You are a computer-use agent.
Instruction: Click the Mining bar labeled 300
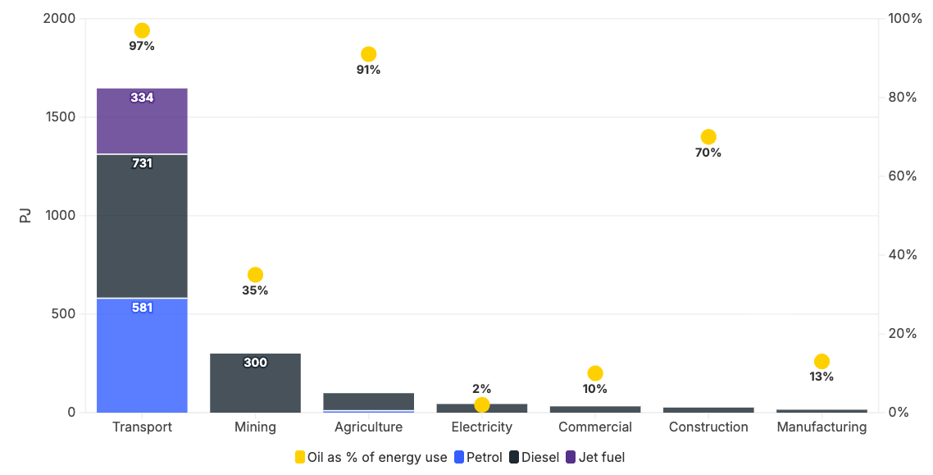point(255,384)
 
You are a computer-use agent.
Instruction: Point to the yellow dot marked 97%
point(142,30)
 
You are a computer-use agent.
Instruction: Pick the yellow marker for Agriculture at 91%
point(369,54)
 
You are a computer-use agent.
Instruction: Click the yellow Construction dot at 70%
point(708,137)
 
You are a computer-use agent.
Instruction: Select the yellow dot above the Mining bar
point(255,275)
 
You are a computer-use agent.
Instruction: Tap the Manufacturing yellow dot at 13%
point(821,362)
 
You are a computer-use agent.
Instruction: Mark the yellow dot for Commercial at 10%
point(595,373)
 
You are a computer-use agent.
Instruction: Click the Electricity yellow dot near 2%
point(482,404)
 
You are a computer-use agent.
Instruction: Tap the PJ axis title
point(25,216)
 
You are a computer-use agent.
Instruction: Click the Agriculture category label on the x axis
point(369,427)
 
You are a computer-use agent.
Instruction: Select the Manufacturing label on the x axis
point(821,427)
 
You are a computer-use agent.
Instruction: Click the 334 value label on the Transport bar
point(142,98)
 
